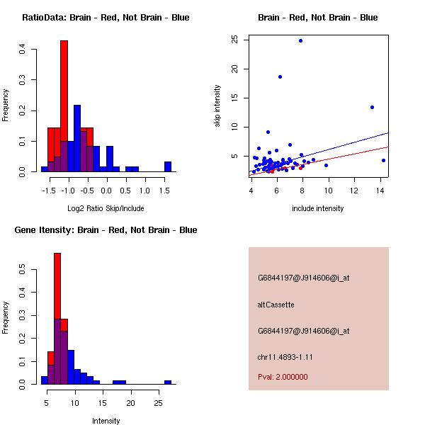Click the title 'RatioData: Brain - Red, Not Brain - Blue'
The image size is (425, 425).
tap(106, 18)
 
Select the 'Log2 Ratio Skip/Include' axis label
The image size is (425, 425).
tap(106, 208)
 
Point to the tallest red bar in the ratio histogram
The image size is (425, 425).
tap(64, 106)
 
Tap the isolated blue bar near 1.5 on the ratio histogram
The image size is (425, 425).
tap(168, 167)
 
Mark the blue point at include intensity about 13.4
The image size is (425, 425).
tap(372, 107)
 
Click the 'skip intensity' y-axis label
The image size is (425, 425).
tap(218, 106)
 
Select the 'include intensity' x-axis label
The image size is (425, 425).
tap(318, 208)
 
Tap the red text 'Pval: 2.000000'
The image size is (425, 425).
tap(283, 377)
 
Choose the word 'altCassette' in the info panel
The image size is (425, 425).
tap(276, 305)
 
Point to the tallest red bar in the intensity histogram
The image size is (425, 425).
tap(57, 319)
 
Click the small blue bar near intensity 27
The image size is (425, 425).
tap(168, 382)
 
